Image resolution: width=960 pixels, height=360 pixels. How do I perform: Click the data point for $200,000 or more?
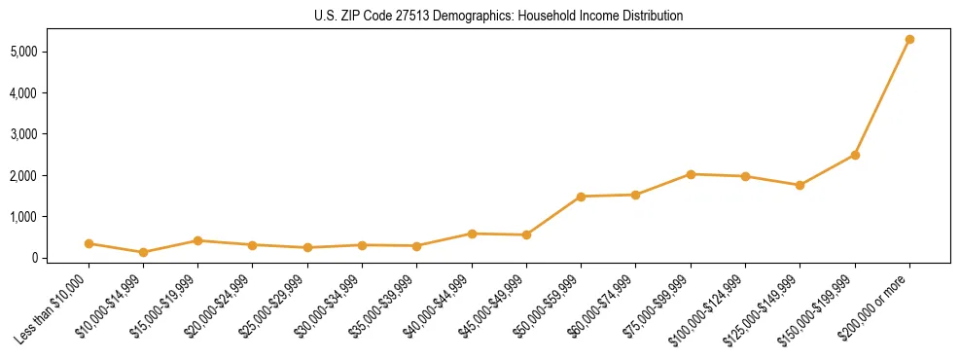coord(909,39)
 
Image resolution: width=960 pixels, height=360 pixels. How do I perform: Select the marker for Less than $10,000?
coord(89,243)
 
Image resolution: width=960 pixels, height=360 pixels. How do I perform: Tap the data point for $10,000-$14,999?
coord(143,252)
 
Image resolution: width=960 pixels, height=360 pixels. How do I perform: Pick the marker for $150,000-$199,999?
coord(855,155)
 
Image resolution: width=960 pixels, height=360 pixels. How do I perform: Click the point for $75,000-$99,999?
coord(691,174)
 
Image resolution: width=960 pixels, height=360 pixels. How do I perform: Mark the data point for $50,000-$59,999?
coord(581,197)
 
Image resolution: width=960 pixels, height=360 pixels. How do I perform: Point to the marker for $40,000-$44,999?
coord(472,234)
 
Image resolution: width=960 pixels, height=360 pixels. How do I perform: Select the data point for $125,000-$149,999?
coord(800,185)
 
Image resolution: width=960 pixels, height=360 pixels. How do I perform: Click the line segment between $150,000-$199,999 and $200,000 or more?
coord(882,97)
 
